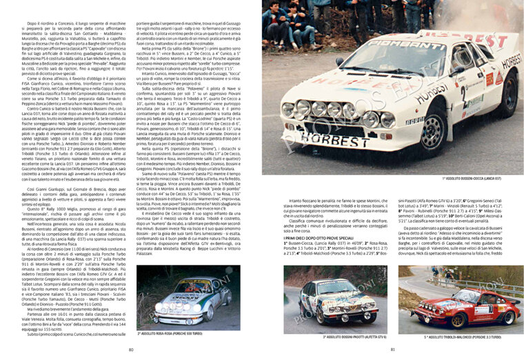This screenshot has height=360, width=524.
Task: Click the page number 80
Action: point(131,350)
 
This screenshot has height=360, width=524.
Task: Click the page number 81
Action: point(392,350)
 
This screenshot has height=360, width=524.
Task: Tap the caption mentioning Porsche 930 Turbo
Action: point(174,332)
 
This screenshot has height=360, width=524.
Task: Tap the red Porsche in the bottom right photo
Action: point(463,307)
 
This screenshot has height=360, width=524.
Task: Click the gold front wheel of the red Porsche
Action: point(445,319)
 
